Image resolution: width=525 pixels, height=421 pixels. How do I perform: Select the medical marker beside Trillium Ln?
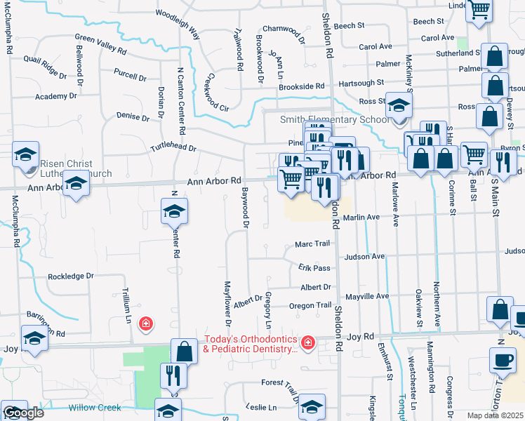tap(145, 323)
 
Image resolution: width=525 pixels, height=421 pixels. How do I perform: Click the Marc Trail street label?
tap(312, 243)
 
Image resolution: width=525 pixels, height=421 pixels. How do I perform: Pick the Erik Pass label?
tap(314, 268)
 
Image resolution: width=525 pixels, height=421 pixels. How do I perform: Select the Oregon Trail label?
tap(310, 305)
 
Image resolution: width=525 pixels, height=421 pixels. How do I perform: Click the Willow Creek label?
tap(95, 408)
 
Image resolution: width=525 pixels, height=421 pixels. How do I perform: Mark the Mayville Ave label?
tap(367, 296)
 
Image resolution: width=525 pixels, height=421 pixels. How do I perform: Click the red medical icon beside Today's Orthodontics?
tap(307, 342)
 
